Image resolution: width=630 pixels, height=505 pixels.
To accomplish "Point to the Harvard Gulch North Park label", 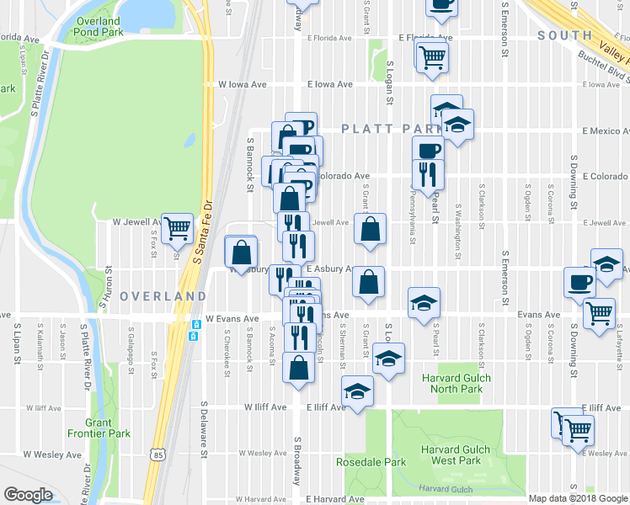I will (x=452, y=383).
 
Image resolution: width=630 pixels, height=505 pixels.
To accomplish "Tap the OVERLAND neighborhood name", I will (x=163, y=296).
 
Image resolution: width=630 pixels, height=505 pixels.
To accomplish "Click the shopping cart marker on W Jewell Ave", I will (x=176, y=227).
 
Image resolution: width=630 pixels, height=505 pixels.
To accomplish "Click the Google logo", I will (x=28, y=495).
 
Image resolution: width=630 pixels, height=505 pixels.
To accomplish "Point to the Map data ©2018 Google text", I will (x=578, y=498).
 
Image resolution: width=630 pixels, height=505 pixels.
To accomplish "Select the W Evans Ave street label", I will (x=232, y=319).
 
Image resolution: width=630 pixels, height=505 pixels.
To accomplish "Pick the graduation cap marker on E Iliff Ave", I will (x=357, y=391).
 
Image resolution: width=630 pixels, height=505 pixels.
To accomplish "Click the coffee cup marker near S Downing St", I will (x=579, y=282).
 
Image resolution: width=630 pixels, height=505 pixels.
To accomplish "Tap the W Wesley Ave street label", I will (x=53, y=454).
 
